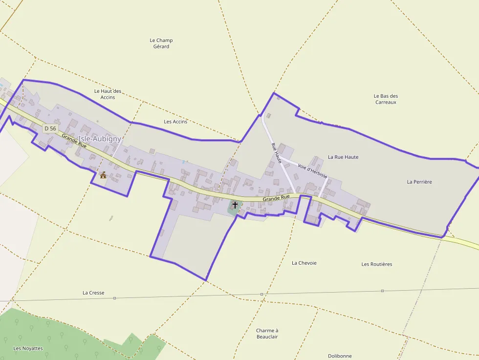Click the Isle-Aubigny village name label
pos(100,139)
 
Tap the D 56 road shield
pos(50,128)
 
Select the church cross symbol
pos(235,205)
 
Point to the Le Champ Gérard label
pos(161,43)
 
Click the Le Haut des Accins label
pos(108,94)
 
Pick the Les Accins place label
pos(175,122)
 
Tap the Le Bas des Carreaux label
pos(386,99)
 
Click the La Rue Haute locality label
pos(343,157)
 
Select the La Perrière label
pos(419,182)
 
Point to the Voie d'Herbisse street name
pos(312,170)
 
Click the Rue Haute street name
pos(277,152)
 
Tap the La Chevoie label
pos(304,263)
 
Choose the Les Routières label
pos(377,264)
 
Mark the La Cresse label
pos(93,293)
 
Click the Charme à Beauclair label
pos(267,334)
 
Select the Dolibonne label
pos(340,356)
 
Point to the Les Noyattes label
pos(28,348)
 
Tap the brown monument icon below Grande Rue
pos(103,174)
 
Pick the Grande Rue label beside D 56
pos(74,142)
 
